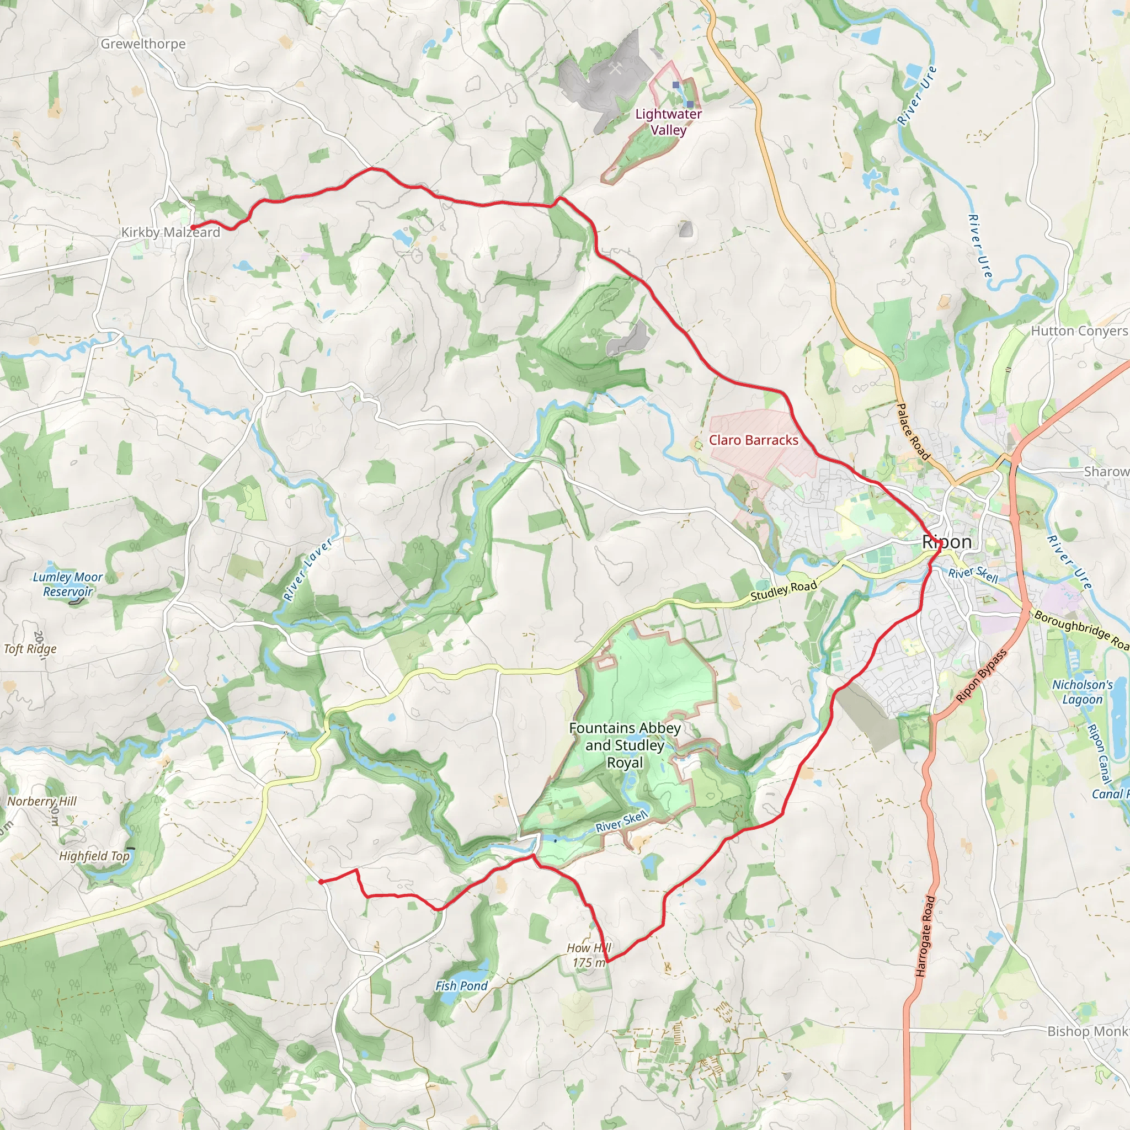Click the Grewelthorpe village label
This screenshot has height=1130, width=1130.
(143, 44)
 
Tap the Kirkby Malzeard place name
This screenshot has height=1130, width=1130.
(170, 232)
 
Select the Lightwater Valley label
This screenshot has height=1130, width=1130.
(669, 121)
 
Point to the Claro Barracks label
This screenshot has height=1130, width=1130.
(753, 440)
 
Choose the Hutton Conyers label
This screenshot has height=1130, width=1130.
(1079, 331)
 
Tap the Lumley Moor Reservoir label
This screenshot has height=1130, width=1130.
(68, 584)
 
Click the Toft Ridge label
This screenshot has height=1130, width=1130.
(30, 649)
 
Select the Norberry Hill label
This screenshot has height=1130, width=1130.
(41, 801)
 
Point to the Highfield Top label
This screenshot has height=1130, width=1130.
(94, 856)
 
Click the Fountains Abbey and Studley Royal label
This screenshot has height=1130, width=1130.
(625, 745)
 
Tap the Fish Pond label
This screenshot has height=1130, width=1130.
(461, 986)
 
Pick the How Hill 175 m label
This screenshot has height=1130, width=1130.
(590, 955)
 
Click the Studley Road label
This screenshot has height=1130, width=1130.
(783, 591)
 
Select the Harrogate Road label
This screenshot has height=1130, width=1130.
(925, 936)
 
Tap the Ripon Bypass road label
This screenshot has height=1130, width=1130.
(982, 676)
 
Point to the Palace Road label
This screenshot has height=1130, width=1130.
(913, 431)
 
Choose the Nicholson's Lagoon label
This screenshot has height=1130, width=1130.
(1083, 692)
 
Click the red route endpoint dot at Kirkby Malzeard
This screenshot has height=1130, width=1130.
(193, 227)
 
